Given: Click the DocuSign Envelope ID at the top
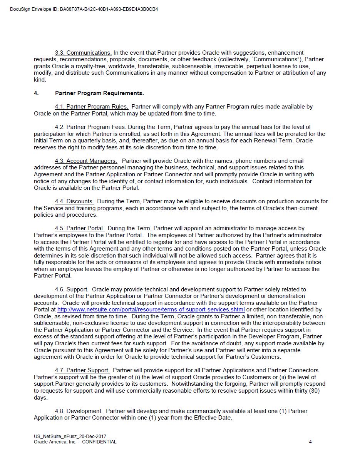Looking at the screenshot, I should click(84, 9).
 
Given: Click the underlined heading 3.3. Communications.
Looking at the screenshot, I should click(83, 53).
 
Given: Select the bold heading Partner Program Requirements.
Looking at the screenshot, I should click(99, 93).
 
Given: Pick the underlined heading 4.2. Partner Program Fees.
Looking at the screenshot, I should click(90, 127).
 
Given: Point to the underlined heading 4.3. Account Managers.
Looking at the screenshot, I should click(86, 161).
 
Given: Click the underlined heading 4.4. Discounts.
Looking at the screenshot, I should click(74, 201).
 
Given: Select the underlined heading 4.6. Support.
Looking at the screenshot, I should click(72, 289).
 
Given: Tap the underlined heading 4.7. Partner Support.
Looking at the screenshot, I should click(82, 370).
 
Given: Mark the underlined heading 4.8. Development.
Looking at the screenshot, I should click(79, 411).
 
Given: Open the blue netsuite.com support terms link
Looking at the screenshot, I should click(151, 309).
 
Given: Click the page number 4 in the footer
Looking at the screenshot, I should click(310, 442).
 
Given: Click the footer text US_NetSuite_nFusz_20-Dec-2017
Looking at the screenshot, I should click(70, 437).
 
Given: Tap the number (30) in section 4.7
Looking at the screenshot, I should click(313, 391).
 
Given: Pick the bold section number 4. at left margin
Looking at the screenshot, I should click(36, 93).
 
